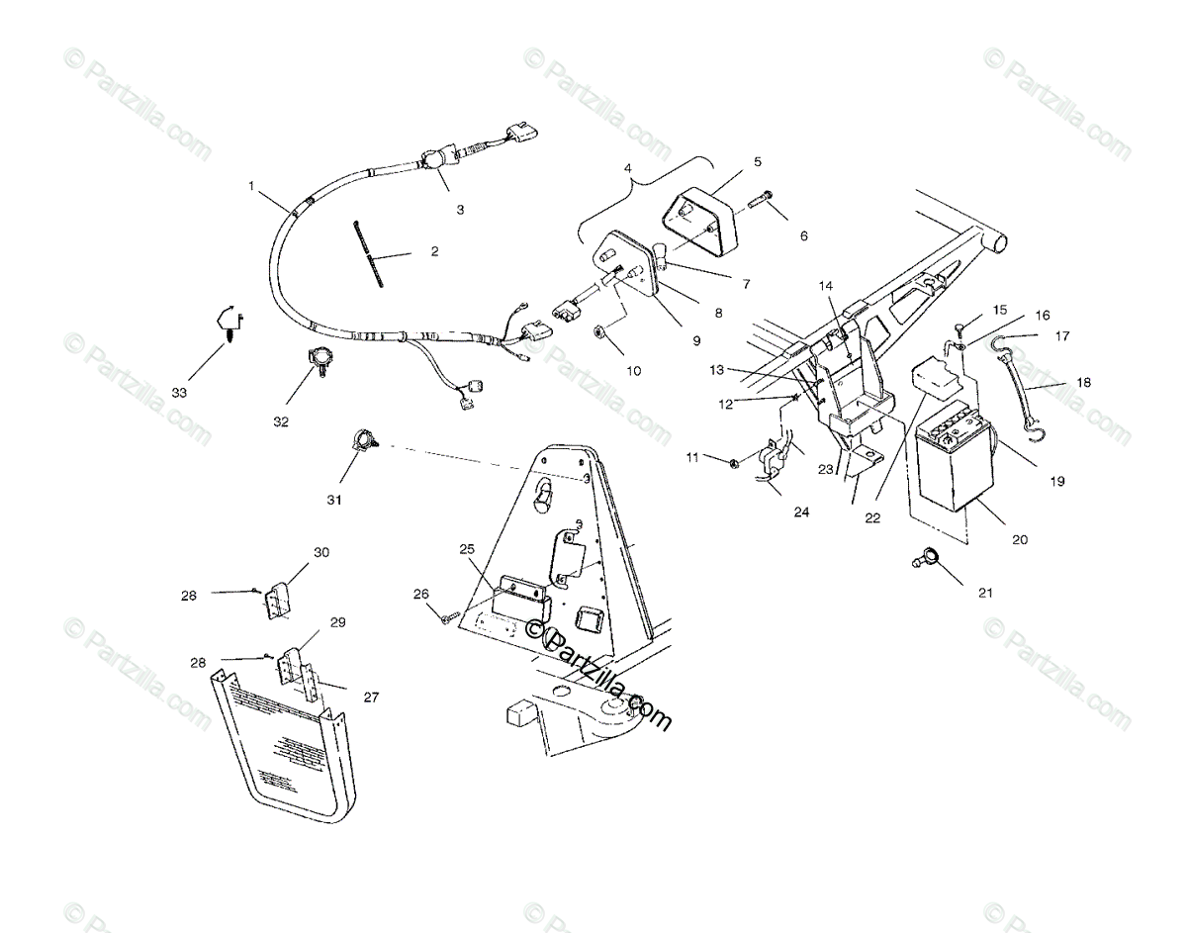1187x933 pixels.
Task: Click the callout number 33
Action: click(x=179, y=393)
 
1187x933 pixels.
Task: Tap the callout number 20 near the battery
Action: click(x=1020, y=539)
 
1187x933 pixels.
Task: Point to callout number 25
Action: click(x=467, y=548)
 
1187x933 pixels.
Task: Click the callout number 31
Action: click(x=334, y=500)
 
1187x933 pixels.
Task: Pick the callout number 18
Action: click(x=1084, y=382)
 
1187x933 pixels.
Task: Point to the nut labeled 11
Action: click(x=731, y=462)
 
